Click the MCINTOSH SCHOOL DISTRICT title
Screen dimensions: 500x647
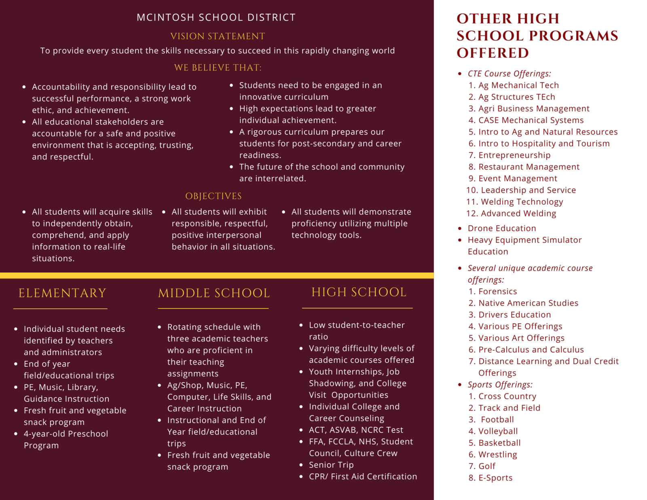[x=216, y=17]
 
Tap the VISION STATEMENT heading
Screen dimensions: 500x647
[x=218, y=36]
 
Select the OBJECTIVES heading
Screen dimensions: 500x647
[x=214, y=196]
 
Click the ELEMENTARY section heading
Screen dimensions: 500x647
[x=62, y=293]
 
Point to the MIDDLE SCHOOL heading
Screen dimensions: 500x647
[x=214, y=293]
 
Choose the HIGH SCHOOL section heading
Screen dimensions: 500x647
[x=359, y=292]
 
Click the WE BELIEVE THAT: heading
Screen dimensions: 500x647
[x=218, y=68]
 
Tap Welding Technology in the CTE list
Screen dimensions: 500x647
[x=522, y=202]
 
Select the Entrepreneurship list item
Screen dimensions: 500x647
[x=514, y=155]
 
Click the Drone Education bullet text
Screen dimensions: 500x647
[x=502, y=229]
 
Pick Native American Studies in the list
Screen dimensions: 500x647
[x=528, y=303]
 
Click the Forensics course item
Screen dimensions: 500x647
[x=497, y=292]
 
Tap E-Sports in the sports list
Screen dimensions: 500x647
[x=495, y=478]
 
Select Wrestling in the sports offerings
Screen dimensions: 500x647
[x=497, y=455]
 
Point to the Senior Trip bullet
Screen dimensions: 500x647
[x=331, y=465]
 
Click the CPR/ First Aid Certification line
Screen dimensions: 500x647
[x=363, y=477]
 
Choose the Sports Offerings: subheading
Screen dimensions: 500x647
[x=500, y=385]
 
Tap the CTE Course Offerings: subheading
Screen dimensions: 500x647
[x=509, y=74]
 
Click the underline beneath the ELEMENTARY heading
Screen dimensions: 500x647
[x=60, y=309]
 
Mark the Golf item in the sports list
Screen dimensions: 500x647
[x=487, y=466]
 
